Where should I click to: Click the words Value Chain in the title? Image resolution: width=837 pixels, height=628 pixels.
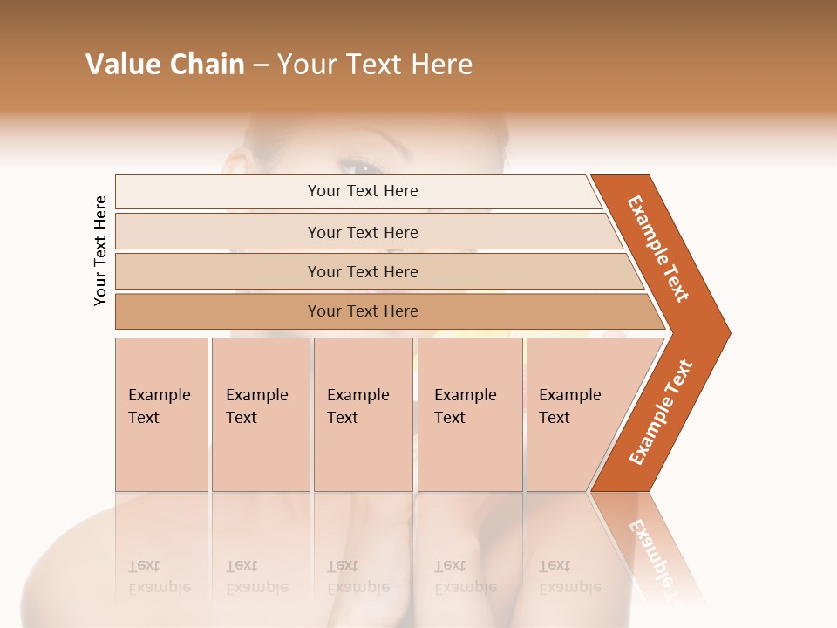tap(165, 65)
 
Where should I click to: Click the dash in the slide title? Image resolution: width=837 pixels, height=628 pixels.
tap(261, 65)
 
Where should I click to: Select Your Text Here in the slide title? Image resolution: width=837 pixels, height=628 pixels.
tap(375, 65)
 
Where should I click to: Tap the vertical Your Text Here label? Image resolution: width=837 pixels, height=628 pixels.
tap(100, 251)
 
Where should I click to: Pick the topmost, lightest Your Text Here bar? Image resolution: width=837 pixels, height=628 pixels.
tap(363, 191)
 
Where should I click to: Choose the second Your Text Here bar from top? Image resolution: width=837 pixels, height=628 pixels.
tap(363, 232)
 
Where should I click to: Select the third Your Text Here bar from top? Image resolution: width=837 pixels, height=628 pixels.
tap(363, 271)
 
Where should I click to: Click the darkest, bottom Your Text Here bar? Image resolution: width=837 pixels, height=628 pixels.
tap(363, 311)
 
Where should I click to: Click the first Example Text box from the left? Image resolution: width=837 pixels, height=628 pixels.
tap(161, 413)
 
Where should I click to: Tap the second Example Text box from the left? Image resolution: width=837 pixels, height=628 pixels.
tap(260, 413)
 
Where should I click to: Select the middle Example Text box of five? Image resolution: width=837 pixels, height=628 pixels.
tap(363, 413)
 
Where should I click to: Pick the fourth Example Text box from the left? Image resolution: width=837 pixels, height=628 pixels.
tap(469, 413)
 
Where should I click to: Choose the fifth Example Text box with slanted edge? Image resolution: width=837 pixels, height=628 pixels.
tap(575, 413)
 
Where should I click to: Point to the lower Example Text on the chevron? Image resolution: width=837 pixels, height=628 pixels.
tap(661, 412)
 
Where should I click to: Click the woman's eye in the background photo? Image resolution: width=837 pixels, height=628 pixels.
tap(360, 165)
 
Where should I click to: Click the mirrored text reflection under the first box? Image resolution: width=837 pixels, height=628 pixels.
tap(159, 576)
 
